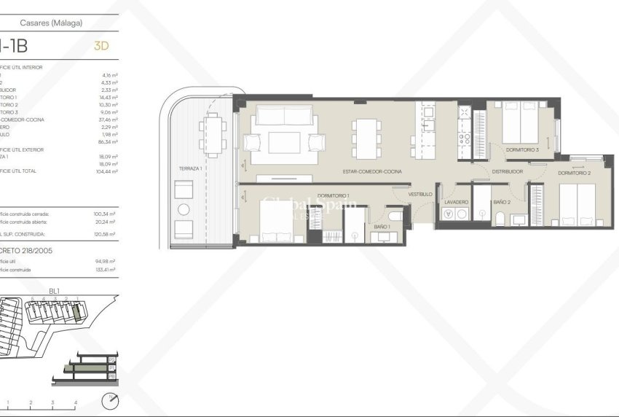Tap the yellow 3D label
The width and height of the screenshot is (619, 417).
102,46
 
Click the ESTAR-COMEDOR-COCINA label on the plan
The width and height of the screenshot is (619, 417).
374,171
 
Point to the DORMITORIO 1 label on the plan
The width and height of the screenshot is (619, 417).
333,195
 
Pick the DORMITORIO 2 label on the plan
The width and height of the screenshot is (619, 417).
574,173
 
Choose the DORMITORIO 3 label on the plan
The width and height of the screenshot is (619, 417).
522,149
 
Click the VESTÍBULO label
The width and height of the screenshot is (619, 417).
420,195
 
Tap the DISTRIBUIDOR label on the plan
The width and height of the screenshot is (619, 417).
507,171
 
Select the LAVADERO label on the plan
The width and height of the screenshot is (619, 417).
456,201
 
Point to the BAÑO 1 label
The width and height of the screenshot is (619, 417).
382,227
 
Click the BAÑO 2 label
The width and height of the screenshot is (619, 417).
501,201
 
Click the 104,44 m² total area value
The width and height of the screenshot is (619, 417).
110,171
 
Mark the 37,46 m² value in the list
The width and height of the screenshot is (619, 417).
110,120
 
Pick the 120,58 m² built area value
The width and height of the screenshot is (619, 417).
110,235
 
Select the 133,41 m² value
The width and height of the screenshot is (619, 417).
110,270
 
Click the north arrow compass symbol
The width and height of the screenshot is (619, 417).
109,400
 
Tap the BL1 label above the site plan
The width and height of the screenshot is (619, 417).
54,291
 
